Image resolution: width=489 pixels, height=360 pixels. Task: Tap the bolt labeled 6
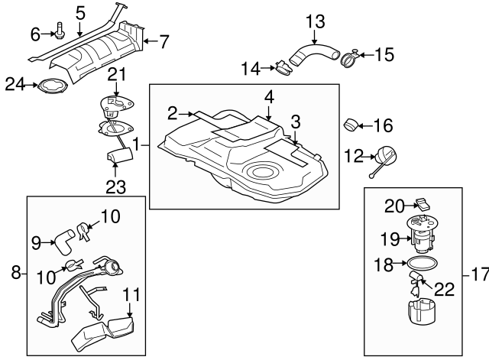pyautogui.click(x=59, y=32)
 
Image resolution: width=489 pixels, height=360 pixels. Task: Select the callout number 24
pyautogui.click(x=14, y=83)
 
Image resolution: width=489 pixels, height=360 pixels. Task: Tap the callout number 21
pyautogui.click(x=116, y=73)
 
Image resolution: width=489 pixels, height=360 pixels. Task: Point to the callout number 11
pyautogui.click(x=131, y=294)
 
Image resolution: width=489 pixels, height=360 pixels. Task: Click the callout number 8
pyautogui.click(x=15, y=272)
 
